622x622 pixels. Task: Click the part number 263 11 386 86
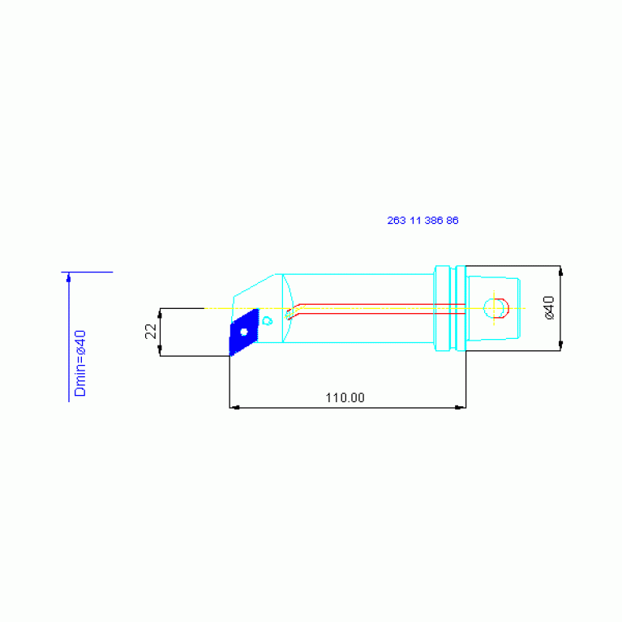423,221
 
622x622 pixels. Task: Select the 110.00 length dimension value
345,397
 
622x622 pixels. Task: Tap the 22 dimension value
151,331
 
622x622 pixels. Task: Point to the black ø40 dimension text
549,307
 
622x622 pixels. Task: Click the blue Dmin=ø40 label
80,363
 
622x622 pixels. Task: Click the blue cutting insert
243,332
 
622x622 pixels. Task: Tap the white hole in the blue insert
244,332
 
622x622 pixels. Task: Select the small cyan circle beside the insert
268,320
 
